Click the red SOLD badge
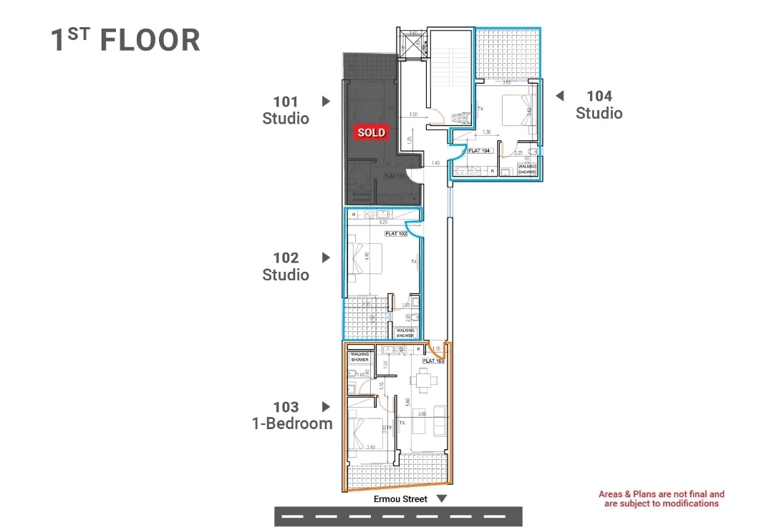372,132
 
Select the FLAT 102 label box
396,234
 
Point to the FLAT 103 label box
433,361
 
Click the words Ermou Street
400,499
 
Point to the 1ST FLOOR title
125,40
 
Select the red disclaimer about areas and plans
661,499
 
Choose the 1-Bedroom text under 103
292,423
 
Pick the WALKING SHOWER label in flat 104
527,169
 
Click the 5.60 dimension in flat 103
407,403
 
